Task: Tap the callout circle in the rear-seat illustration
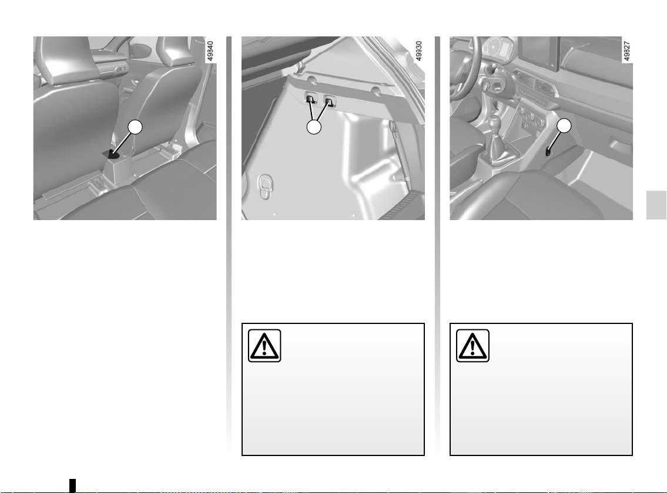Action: (135, 127)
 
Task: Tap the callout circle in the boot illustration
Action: (314, 127)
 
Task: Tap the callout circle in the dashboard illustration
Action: (564, 126)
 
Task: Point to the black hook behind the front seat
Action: (113, 154)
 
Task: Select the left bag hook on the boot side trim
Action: (310, 99)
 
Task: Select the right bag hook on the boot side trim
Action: (329, 101)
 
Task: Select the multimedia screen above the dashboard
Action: (538, 53)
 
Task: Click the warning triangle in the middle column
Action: (264, 346)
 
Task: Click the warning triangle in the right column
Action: (472, 346)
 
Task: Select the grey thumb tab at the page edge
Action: (656, 205)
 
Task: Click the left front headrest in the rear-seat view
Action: (55, 59)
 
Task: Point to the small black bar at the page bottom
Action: (73, 485)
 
